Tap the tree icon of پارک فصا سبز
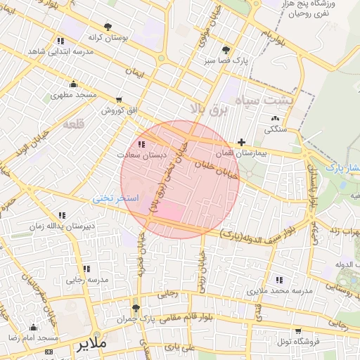226,50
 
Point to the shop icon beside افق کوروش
119,99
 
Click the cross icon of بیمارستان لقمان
242,142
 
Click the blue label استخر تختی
117,199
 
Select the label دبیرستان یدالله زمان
60,226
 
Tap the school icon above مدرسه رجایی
86,269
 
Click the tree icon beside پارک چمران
136,308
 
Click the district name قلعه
73,124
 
